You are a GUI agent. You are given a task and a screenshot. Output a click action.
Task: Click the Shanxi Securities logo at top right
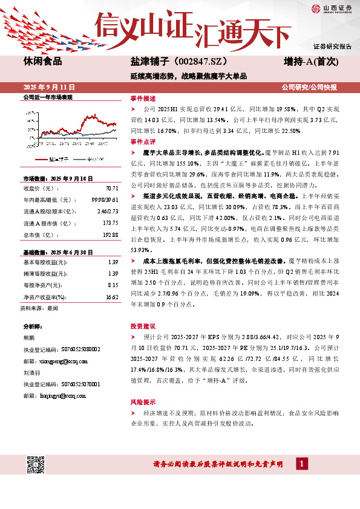click(330, 8)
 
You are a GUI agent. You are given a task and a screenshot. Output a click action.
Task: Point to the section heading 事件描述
click(143, 98)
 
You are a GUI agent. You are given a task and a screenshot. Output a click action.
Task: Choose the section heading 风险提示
click(143, 401)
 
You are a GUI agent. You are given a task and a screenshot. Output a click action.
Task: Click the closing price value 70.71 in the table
click(111, 187)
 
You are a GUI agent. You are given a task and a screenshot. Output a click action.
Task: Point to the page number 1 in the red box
click(301, 463)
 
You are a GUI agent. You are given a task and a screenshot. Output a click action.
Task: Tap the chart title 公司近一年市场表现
click(47, 97)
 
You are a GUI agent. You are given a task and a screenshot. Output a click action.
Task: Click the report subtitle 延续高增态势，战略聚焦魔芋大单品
click(188, 77)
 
